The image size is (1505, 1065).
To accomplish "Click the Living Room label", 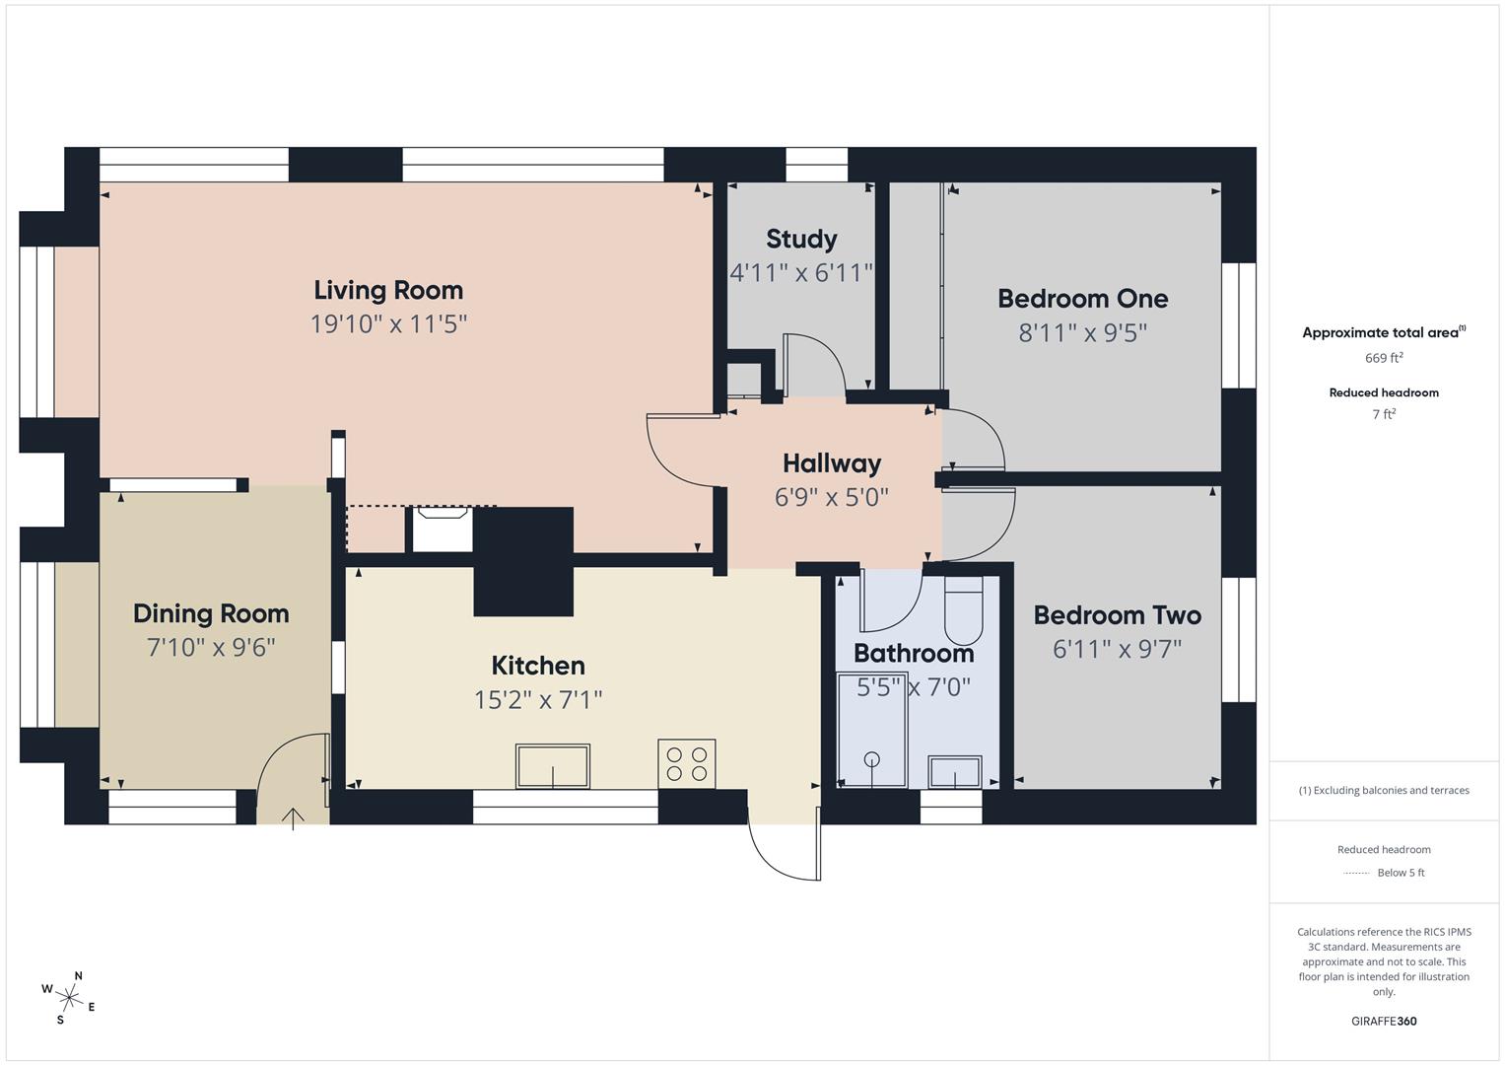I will click(388, 290).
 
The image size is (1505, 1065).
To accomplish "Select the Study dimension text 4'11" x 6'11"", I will click(801, 272).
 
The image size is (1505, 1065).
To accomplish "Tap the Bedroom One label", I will click(1082, 298).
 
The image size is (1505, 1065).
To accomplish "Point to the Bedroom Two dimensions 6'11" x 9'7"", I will click(1117, 649).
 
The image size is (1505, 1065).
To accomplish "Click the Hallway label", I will click(832, 462).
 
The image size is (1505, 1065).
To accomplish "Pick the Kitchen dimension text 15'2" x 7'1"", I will click(538, 699).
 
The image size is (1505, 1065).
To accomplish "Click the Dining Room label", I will click(211, 613).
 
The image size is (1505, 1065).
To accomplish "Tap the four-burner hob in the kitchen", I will click(686, 763).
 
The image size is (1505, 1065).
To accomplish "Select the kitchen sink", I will click(552, 766).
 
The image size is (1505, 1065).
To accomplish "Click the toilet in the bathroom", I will click(963, 611).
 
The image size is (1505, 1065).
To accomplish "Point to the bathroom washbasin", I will click(954, 772).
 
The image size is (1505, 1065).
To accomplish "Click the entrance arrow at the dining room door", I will click(293, 817).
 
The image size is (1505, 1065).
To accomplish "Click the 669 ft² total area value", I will click(1383, 358).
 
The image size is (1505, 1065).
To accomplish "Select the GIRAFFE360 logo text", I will click(1383, 1021).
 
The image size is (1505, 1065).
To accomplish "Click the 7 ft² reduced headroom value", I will click(1383, 414).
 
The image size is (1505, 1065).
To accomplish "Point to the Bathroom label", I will click(913, 653).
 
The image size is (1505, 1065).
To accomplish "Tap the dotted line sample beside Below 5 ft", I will click(1356, 873).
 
